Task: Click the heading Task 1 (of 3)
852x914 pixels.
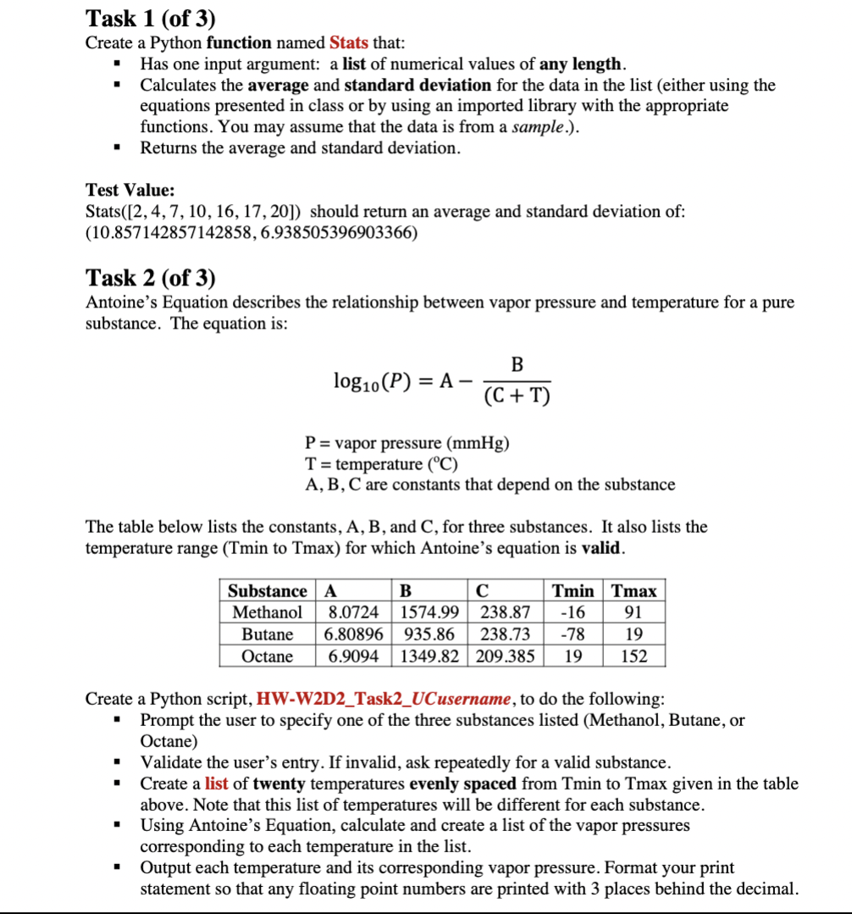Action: (x=151, y=17)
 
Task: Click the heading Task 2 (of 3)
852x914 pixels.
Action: (x=151, y=277)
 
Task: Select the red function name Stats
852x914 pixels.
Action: (x=348, y=42)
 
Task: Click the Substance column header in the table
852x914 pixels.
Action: (x=268, y=590)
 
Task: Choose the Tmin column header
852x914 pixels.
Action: (x=573, y=590)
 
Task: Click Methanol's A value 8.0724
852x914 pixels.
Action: (x=353, y=612)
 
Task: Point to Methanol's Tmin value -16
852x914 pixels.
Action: (x=573, y=612)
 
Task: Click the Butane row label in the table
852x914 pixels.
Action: (x=268, y=634)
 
